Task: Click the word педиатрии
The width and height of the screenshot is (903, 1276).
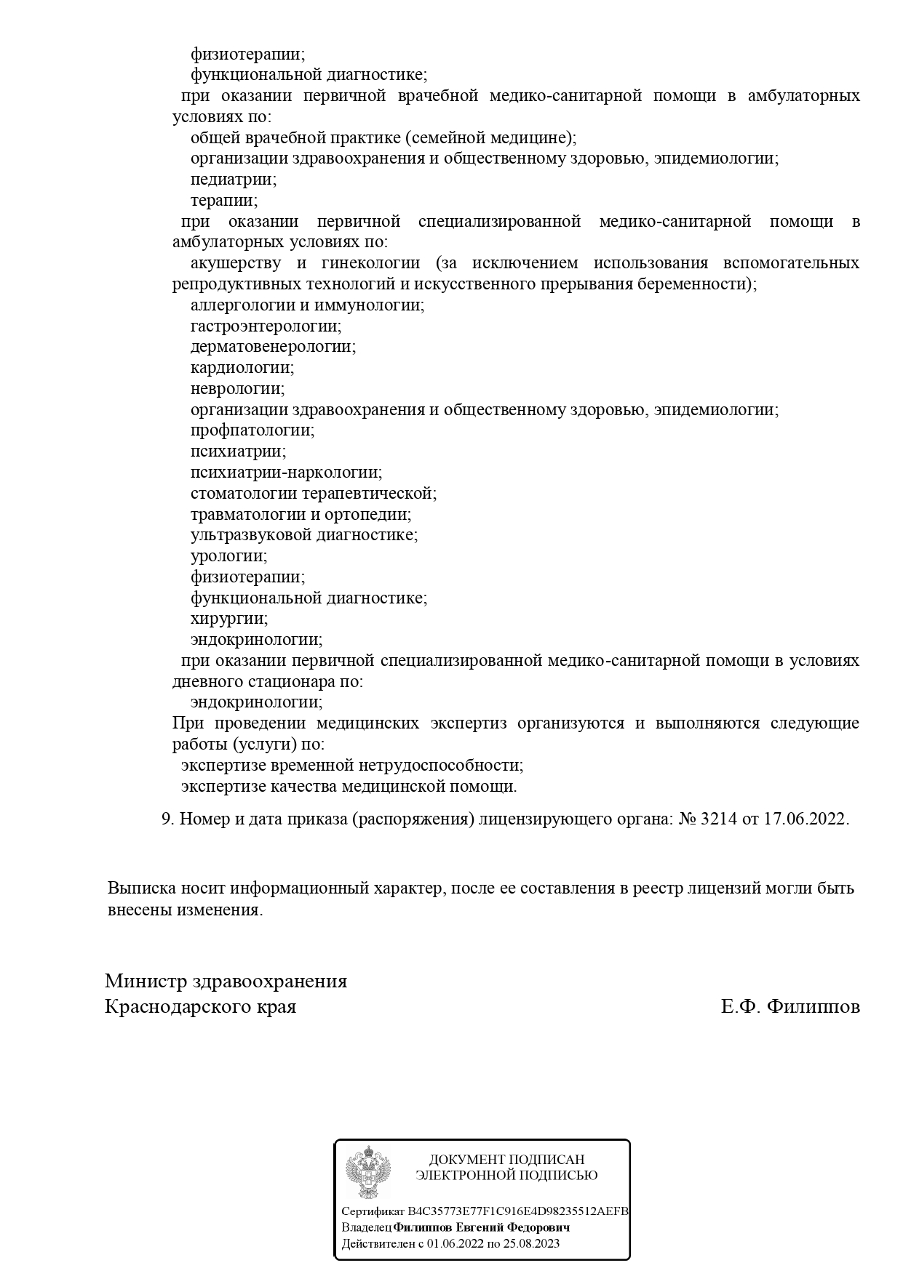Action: pyautogui.click(x=233, y=179)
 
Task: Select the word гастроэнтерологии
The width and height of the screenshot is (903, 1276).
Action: pyautogui.click(x=266, y=326)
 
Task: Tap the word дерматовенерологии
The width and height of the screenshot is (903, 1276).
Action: pyautogui.click(x=273, y=347)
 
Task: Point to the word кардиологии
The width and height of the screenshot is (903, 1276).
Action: pyautogui.click(x=242, y=368)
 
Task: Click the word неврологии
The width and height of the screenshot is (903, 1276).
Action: pyautogui.click(x=237, y=389)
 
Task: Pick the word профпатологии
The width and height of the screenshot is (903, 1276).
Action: pyautogui.click(x=252, y=430)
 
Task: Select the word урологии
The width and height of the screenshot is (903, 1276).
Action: pyautogui.click(x=228, y=556)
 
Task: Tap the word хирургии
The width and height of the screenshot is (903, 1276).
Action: pyautogui.click(x=228, y=619)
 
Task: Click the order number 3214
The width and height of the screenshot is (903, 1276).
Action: pyautogui.click(x=717, y=819)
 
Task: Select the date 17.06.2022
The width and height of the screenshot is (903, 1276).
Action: pyautogui.click(x=805, y=819)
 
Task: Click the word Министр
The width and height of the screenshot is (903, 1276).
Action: pyautogui.click(x=145, y=982)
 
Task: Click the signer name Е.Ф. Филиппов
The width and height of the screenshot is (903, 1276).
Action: pyautogui.click(x=790, y=1008)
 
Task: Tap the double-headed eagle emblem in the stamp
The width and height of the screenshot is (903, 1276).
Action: pyautogui.click(x=367, y=1171)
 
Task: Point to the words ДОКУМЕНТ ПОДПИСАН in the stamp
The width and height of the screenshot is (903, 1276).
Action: pyautogui.click(x=506, y=1160)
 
